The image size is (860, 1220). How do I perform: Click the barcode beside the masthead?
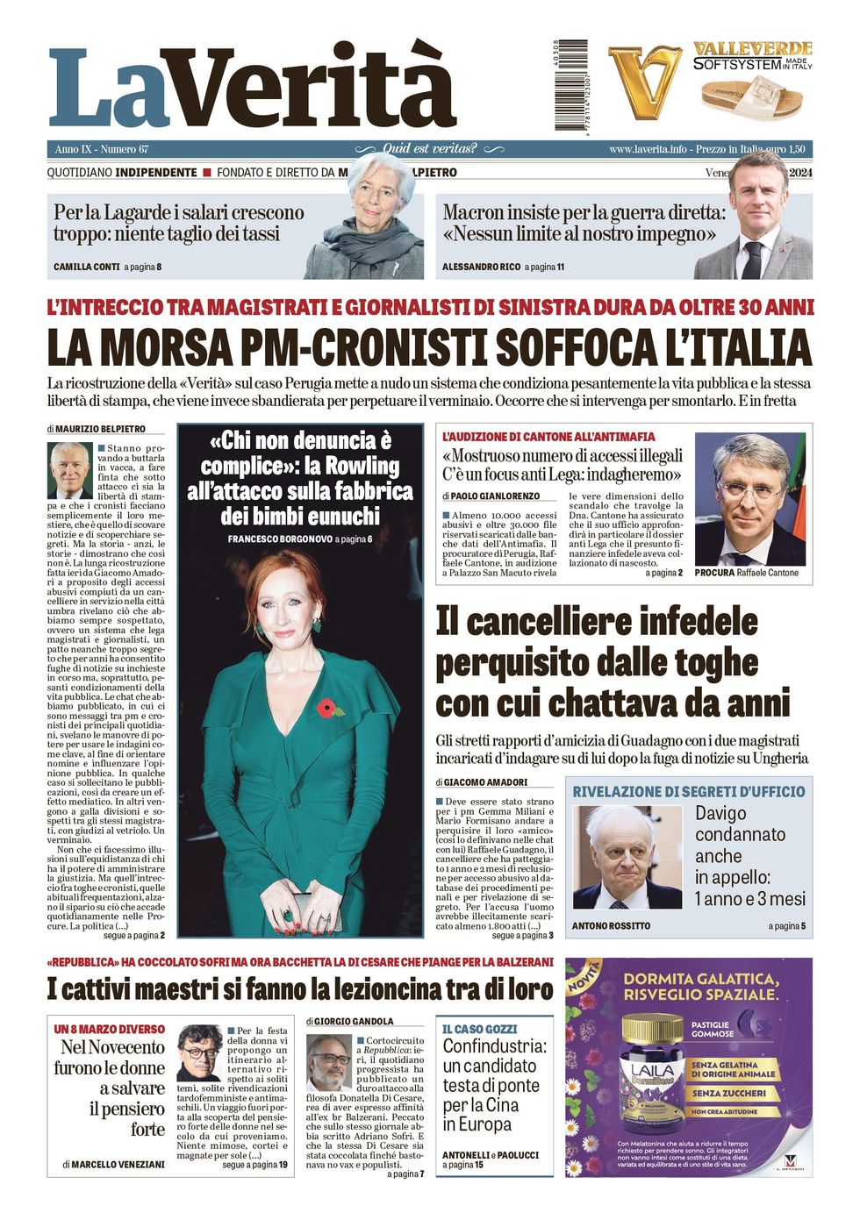click(x=570, y=86)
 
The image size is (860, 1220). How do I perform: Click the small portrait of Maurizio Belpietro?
click(x=70, y=469)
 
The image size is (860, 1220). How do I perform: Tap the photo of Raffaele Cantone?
click(x=749, y=500)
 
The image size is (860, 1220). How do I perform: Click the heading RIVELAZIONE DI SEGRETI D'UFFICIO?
click(x=689, y=791)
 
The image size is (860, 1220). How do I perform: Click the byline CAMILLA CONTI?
click(x=86, y=267)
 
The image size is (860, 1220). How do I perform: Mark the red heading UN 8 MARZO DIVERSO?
click(x=109, y=1029)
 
